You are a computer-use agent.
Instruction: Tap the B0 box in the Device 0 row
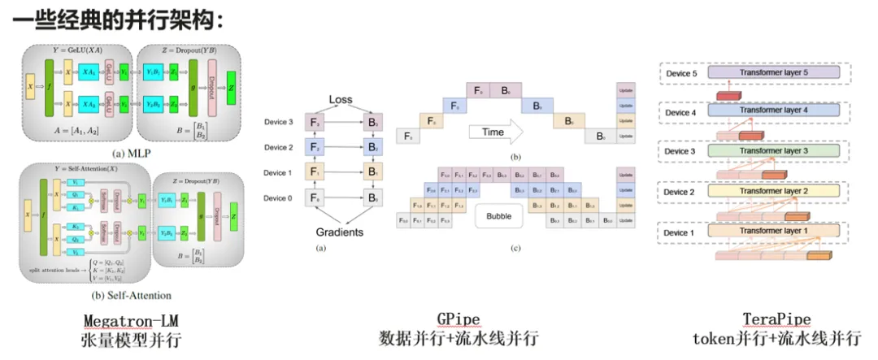(x=373, y=198)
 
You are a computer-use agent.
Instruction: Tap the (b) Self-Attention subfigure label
(x=121, y=295)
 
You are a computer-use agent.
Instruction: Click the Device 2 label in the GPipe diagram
(x=279, y=148)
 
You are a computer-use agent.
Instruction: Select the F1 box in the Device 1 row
(x=313, y=173)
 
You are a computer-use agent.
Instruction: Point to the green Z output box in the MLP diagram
(x=231, y=87)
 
